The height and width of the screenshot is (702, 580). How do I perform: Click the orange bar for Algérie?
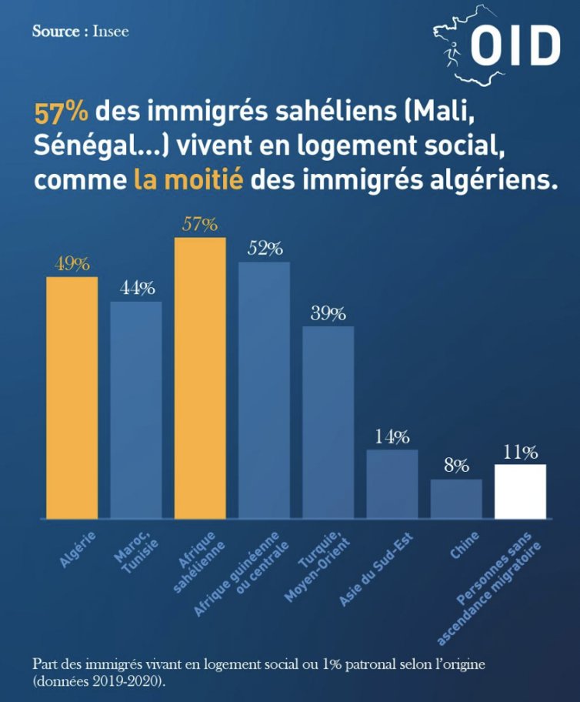(x=72, y=396)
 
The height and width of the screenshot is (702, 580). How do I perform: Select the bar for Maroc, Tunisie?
(x=136, y=409)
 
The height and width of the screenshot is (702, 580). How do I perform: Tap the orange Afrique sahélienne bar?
(x=200, y=377)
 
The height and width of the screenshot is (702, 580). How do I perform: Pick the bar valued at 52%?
(x=264, y=389)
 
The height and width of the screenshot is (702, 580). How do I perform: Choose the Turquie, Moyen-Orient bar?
(x=328, y=422)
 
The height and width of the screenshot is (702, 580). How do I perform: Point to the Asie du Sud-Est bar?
(x=392, y=483)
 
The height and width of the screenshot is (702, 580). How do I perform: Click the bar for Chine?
(x=455, y=499)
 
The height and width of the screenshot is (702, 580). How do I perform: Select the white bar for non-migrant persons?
(x=520, y=491)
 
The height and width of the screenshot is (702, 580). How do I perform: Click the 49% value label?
(x=72, y=263)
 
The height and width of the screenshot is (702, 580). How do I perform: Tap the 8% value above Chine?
(x=455, y=466)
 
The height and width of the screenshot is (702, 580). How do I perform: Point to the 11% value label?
(x=520, y=452)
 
